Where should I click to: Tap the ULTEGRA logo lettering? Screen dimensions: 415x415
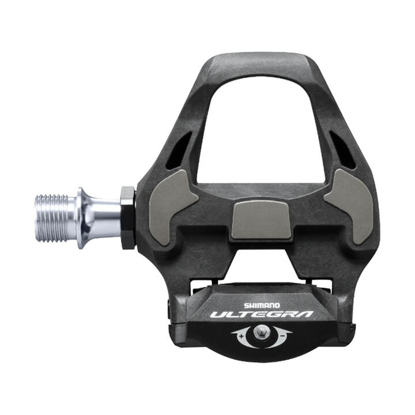click(x=261, y=315)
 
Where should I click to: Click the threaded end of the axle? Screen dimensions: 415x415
click(x=55, y=218)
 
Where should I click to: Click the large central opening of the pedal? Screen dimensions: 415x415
click(x=262, y=133)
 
